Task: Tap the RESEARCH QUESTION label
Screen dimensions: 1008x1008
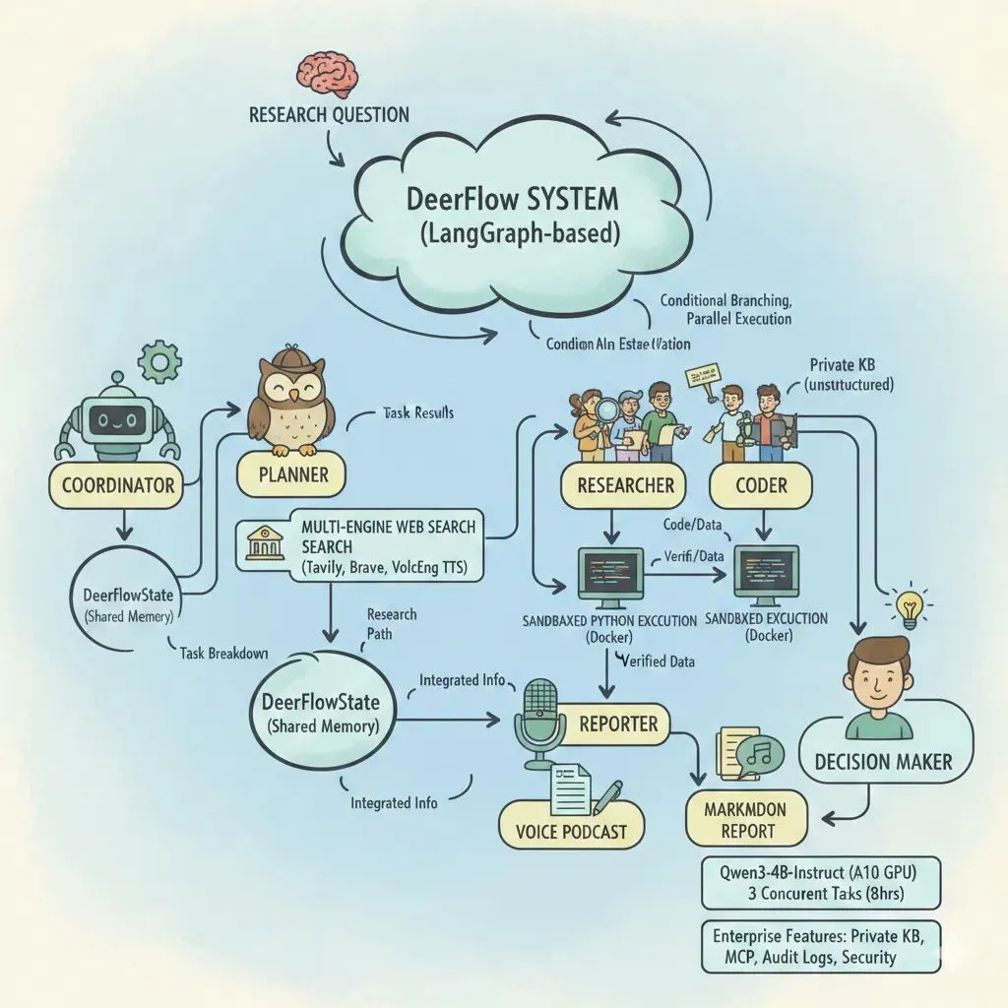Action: pos(329,114)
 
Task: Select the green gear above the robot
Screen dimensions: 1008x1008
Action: pos(157,361)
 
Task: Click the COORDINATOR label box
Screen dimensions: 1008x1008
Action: pos(117,484)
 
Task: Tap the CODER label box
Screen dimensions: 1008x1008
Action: pos(761,484)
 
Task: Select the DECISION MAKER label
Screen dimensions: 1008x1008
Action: pos(883,760)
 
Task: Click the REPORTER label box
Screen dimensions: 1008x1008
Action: pos(618,724)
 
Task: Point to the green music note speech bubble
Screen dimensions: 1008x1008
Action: pos(759,753)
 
